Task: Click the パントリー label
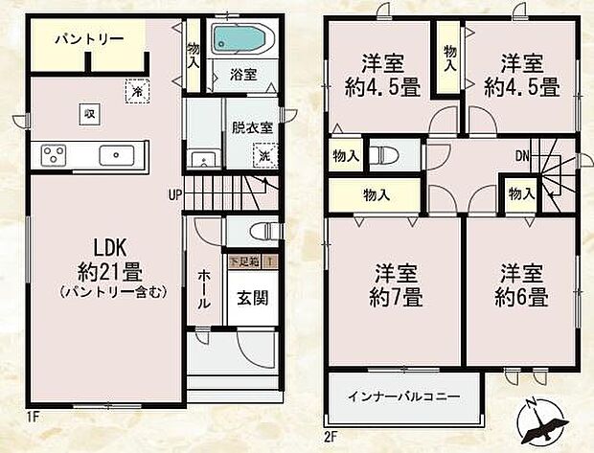(x=89, y=39)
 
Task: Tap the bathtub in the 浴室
(x=242, y=40)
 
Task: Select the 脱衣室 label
(x=251, y=126)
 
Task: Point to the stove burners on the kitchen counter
(x=52, y=154)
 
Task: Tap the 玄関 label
(x=252, y=298)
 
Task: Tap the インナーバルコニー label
(x=403, y=396)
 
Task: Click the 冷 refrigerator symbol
(x=138, y=90)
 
